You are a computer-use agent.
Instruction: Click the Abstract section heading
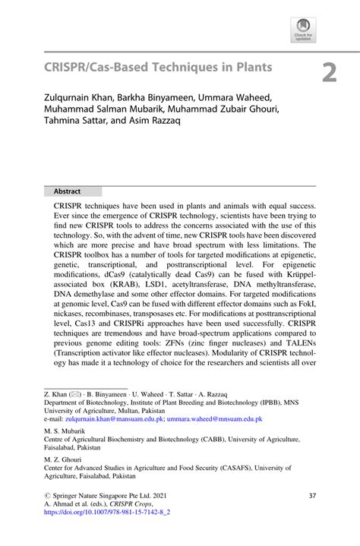(x=67, y=191)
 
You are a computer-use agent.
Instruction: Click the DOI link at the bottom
(x=106, y=512)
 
